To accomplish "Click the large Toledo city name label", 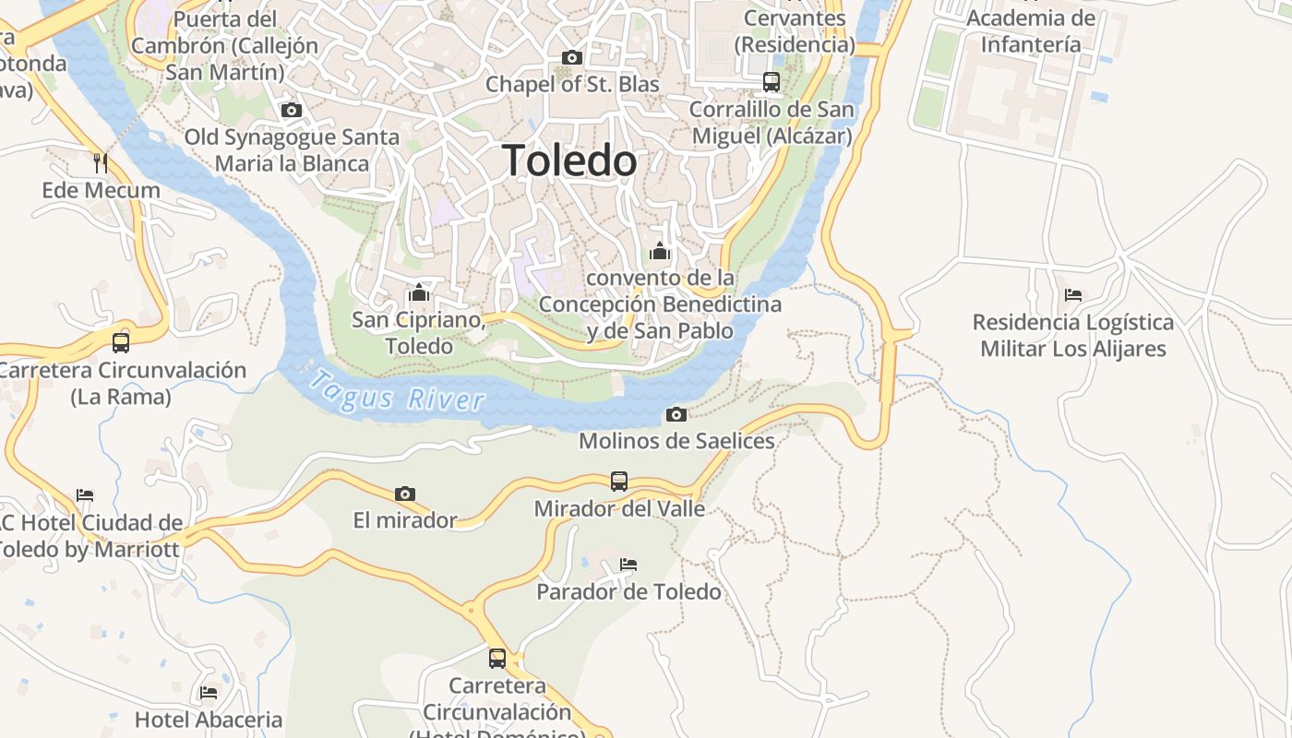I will pos(569,161).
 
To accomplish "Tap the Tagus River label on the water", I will pos(397,391).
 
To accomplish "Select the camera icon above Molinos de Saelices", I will pos(676,414).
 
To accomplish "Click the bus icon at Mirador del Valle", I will pos(619,482).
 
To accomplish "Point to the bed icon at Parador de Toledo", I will pos(628,564).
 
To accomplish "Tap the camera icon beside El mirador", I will pos(404,494).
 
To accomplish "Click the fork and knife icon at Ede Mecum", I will pos(101,163).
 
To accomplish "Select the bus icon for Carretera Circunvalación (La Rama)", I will pos(121,342).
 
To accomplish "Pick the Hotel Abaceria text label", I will pos(209,720).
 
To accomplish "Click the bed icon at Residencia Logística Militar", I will pos(1072,295).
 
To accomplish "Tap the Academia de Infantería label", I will pos(1031,30).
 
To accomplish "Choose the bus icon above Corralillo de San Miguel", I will pos(772,82).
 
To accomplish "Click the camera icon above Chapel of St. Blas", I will pos(572,58).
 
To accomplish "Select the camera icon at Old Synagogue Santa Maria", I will pos(292,111).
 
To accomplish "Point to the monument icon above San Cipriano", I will pos(419,292).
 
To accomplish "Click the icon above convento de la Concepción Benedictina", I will pos(660,250).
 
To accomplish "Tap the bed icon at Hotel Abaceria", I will pos(209,692).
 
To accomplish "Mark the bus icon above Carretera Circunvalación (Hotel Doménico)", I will pos(497,658).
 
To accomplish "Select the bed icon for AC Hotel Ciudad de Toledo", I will pos(85,495).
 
